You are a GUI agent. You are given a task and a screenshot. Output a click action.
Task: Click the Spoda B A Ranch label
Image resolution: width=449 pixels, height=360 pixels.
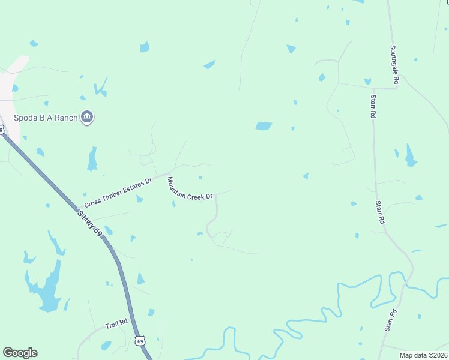pyautogui.click(x=46, y=118)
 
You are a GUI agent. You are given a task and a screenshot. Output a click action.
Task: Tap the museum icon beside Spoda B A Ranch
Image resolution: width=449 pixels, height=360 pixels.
pyautogui.click(x=87, y=117)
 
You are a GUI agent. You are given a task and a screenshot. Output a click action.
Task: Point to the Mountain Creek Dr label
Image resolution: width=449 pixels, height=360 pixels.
pyautogui.click(x=190, y=188)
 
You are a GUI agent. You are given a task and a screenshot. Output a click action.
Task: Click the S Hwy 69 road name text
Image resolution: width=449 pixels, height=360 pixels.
pyautogui.click(x=90, y=223)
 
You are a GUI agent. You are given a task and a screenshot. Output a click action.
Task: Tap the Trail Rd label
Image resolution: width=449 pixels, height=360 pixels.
pyautogui.click(x=116, y=324)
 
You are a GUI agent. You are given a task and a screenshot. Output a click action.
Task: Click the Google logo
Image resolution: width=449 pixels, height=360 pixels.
pyautogui.click(x=20, y=353)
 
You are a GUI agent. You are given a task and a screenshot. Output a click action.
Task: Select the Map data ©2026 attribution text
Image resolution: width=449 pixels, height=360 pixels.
pyautogui.click(x=423, y=355)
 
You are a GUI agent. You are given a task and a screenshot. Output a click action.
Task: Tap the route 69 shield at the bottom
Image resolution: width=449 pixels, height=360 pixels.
pyautogui.click(x=140, y=341)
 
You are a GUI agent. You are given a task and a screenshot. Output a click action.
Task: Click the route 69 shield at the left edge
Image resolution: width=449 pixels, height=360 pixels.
pyautogui.click(x=2, y=130)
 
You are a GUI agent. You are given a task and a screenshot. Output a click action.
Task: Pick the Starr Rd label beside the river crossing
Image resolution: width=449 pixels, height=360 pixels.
pyautogui.click(x=391, y=320)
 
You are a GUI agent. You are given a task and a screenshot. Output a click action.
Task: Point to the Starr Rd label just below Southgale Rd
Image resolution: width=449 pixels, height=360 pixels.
pyautogui.click(x=373, y=106)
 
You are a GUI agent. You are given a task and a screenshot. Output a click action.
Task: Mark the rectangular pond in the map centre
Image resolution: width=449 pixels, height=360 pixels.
pyautogui.click(x=264, y=126)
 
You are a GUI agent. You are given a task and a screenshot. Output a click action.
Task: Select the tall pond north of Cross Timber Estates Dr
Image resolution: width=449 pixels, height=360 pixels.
pyautogui.click(x=92, y=160)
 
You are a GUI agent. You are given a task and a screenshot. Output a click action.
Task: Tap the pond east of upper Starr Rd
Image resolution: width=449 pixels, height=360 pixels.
pyautogui.click(x=411, y=156)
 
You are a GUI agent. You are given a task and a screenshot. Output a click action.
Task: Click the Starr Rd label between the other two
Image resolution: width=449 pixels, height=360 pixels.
pyautogui.click(x=380, y=212)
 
